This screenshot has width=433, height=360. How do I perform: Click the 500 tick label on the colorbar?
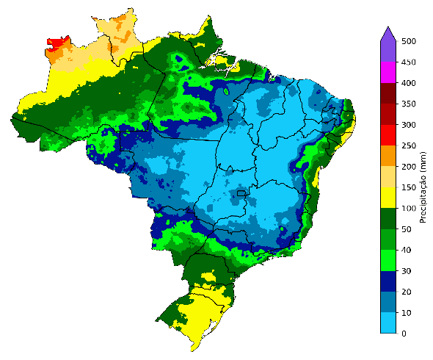408,42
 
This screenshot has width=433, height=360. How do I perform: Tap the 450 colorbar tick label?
408,62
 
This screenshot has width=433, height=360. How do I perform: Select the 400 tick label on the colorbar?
408,84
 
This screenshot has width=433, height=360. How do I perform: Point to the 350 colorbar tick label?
408,104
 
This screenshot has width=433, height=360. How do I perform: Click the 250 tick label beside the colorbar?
408,146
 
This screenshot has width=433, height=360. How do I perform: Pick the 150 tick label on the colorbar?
408,188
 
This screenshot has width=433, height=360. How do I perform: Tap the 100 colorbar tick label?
408,209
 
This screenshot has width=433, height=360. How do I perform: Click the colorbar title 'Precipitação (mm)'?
423,187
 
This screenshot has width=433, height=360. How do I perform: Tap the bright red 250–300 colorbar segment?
389,135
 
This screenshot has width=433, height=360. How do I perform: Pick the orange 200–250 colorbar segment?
389,156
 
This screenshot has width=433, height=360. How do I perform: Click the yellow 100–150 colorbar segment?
389,198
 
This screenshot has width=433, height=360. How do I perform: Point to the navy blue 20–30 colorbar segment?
389,281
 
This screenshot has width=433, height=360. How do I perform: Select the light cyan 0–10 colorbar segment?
389,323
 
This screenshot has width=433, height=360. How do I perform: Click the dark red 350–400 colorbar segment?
389,94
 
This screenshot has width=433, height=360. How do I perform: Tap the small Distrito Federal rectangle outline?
240,194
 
